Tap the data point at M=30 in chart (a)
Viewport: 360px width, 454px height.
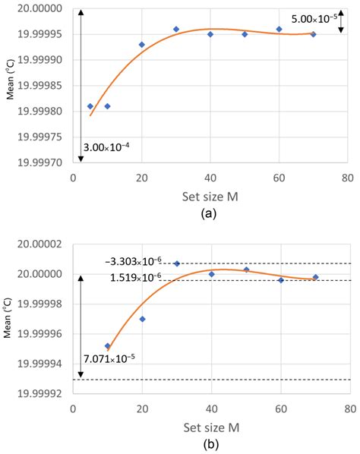tap(176, 30)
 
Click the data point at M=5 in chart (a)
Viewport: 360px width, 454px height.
tap(90, 106)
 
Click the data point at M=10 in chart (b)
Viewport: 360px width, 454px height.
tap(107, 346)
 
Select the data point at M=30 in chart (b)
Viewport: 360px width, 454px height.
tap(176, 263)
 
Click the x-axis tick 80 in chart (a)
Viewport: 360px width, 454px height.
tap(347, 178)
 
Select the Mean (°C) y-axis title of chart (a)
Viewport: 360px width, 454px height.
tap(8, 87)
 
